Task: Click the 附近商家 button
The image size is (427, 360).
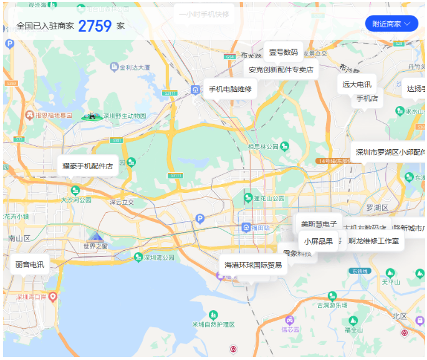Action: click(391, 24)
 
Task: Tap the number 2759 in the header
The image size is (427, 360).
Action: click(95, 26)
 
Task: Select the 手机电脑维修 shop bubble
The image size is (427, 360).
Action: click(230, 89)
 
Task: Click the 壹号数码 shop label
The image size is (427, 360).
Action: click(283, 52)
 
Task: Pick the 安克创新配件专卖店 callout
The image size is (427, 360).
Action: click(281, 70)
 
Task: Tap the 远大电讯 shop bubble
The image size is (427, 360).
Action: click(357, 84)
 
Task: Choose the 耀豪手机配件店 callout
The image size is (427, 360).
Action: click(88, 166)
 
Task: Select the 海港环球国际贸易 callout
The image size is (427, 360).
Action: click(253, 265)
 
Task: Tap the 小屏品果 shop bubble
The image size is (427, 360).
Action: click(318, 241)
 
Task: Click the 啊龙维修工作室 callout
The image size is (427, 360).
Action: click(374, 241)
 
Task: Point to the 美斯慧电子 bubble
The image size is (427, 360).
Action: click(319, 224)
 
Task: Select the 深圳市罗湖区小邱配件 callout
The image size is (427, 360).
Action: click(390, 152)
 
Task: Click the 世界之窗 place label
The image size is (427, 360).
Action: click(95, 246)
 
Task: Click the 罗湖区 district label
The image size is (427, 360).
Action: click(377, 207)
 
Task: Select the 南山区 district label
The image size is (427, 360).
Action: click(19, 238)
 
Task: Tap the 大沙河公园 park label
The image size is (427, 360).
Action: click(75, 200)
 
